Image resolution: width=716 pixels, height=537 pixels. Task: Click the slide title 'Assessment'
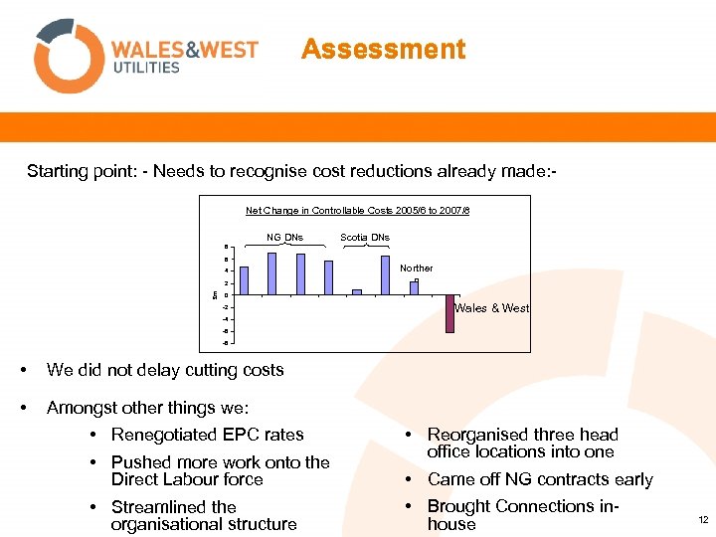(x=383, y=50)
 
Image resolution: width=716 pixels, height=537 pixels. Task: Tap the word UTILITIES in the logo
(x=145, y=68)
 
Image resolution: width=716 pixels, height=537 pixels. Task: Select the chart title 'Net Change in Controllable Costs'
(x=358, y=210)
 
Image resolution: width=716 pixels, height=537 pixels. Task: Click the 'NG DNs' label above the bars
(x=285, y=237)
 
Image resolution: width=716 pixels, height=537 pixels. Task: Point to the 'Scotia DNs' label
(x=365, y=237)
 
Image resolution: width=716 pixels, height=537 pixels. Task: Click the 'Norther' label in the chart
(x=417, y=268)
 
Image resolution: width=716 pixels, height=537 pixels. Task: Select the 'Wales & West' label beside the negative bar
(x=492, y=308)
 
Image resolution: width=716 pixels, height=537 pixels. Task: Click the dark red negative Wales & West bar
(x=449, y=313)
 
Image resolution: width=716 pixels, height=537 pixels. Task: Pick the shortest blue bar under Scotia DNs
(x=357, y=291)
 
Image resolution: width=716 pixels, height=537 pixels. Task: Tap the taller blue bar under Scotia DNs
(x=385, y=275)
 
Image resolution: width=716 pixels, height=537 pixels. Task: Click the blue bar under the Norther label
(x=414, y=288)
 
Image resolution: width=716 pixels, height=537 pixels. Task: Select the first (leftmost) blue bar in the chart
(x=244, y=280)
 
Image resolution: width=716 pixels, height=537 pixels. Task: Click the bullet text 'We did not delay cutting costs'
(x=165, y=370)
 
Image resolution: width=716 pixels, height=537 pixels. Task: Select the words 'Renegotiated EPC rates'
(x=208, y=435)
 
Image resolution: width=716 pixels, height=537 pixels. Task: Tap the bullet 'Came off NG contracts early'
(x=540, y=479)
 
